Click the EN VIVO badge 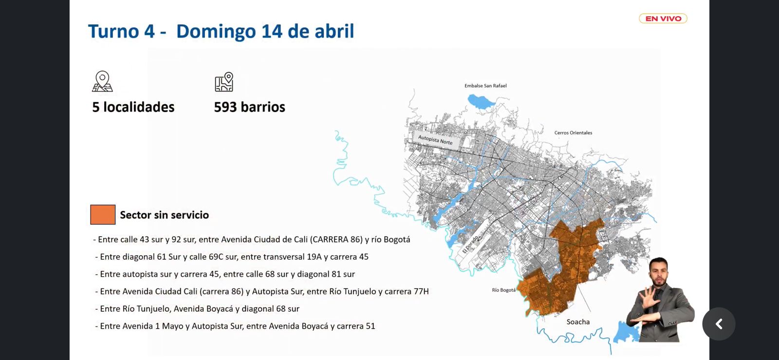pyautogui.click(x=663, y=19)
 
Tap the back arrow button pyautogui.click(x=719, y=324)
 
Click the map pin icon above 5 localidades pyautogui.click(x=102, y=81)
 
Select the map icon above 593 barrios pyautogui.click(x=224, y=82)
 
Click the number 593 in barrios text pyautogui.click(x=225, y=107)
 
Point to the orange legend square pyautogui.click(x=103, y=215)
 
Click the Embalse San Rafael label pyautogui.click(x=485, y=86)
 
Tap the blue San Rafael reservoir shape pyautogui.click(x=481, y=102)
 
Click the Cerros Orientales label pyautogui.click(x=573, y=133)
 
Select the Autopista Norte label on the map pyautogui.click(x=435, y=140)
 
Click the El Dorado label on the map pyautogui.click(x=470, y=244)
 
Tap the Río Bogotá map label pyautogui.click(x=503, y=290)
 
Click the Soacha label pyautogui.click(x=578, y=322)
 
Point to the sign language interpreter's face pyautogui.click(x=659, y=274)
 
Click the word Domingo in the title pyautogui.click(x=216, y=31)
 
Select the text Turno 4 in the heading pyautogui.click(x=121, y=31)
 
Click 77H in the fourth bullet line pyautogui.click(x=421, y=291)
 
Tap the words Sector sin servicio pyautogui.click(x=164, y=215)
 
